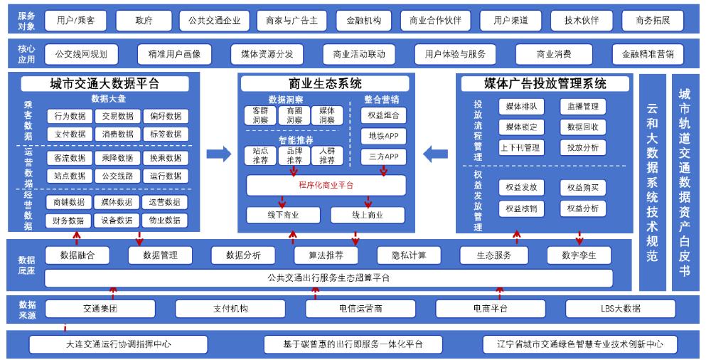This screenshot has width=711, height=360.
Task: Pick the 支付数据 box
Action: point(70,133)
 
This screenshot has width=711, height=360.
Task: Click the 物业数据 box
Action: point(164,221)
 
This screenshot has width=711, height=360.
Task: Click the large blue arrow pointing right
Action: point(219,153)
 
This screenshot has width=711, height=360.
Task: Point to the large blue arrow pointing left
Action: point(434,153)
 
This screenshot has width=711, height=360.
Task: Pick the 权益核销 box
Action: point(520,208)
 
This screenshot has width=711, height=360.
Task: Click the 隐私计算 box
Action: point(402,255)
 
